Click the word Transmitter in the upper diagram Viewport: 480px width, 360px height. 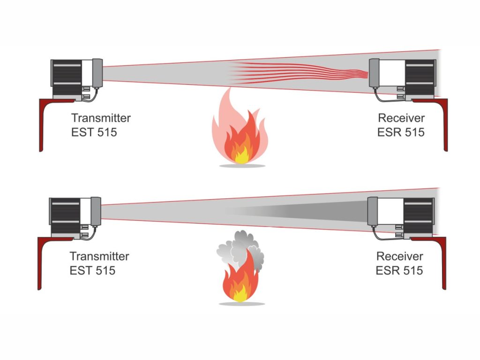coord(101,118)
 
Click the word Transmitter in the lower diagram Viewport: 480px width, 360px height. coord(99,256)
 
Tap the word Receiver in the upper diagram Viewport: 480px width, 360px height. coord(401,118)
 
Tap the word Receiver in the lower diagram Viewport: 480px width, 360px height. coord(400,256)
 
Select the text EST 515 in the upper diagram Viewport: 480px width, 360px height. coord(94,132)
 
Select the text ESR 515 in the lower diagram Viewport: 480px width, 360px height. coord(399,270)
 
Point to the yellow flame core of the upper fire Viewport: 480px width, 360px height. coord(241,156)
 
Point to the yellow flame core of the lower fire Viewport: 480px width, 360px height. coord(240,294)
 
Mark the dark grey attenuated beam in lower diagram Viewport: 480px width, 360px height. coord(297,211)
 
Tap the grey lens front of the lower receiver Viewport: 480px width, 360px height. coord(373,211)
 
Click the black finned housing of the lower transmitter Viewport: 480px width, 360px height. coord(65,216)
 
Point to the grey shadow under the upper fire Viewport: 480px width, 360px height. coord(242,165)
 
